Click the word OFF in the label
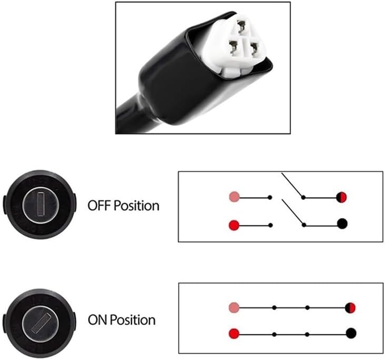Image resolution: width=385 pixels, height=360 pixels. pos(98,205)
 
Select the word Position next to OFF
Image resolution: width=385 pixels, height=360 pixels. pos(136,205)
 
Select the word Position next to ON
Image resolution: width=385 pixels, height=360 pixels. pos(133,320)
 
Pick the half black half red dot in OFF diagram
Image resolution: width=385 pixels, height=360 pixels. pos(342,197)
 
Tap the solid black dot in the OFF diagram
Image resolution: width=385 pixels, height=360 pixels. pos(342,224)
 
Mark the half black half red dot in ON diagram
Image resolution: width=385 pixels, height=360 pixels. pos(351,307)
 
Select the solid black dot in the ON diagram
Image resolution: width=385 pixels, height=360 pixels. pos(351,333)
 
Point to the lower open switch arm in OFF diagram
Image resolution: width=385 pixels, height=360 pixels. pos(292,212)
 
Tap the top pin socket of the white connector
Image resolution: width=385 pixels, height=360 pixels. pos(243,24)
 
